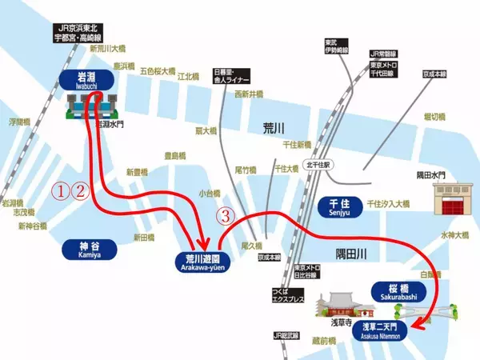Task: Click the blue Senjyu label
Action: [x=340, y=206]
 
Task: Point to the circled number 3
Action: [x=227, y=216]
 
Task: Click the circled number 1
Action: [x=61, y=190]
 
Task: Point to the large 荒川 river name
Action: [x=273, y=128]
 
